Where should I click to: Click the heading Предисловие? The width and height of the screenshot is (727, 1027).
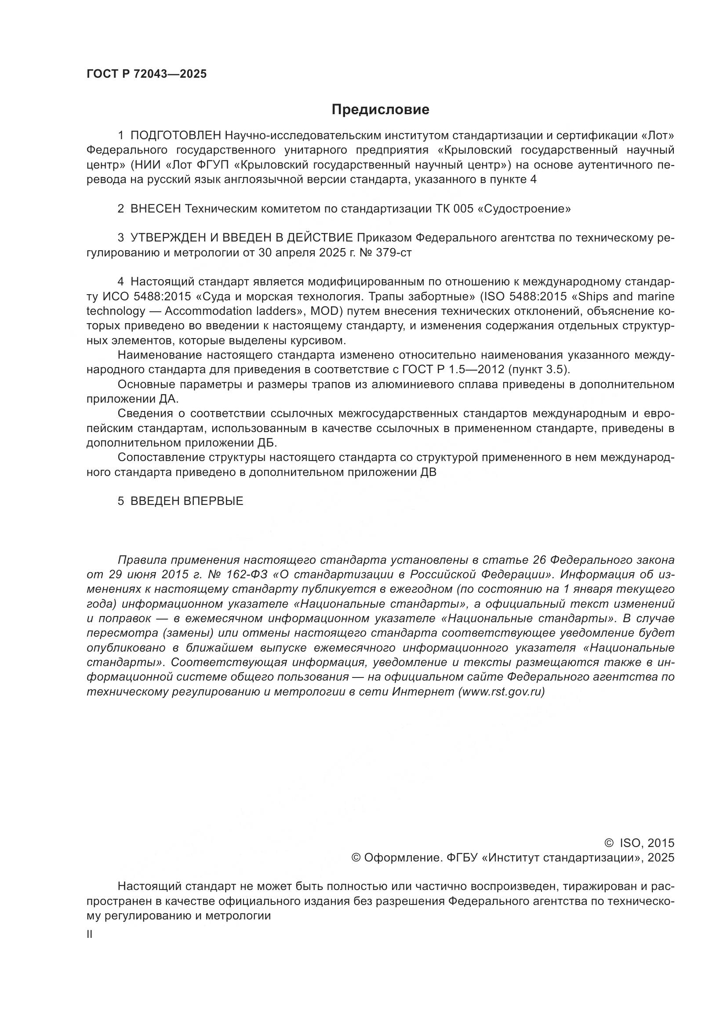click(380, 110)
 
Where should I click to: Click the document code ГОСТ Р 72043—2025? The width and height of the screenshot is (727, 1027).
click(146, 74)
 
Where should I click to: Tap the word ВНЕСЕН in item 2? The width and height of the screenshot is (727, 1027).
click(156, 209)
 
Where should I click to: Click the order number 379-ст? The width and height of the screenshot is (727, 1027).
click(393, 253)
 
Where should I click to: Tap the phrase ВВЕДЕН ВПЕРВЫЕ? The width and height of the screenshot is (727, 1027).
click(187, 501)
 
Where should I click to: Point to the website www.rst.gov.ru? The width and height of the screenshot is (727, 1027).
click(502, 692)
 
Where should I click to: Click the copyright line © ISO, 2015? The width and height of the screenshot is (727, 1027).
click(639, 843)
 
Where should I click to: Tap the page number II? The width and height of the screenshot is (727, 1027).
click(90, 934)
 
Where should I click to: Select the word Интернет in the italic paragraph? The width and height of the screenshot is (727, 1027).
click(423, 692)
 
